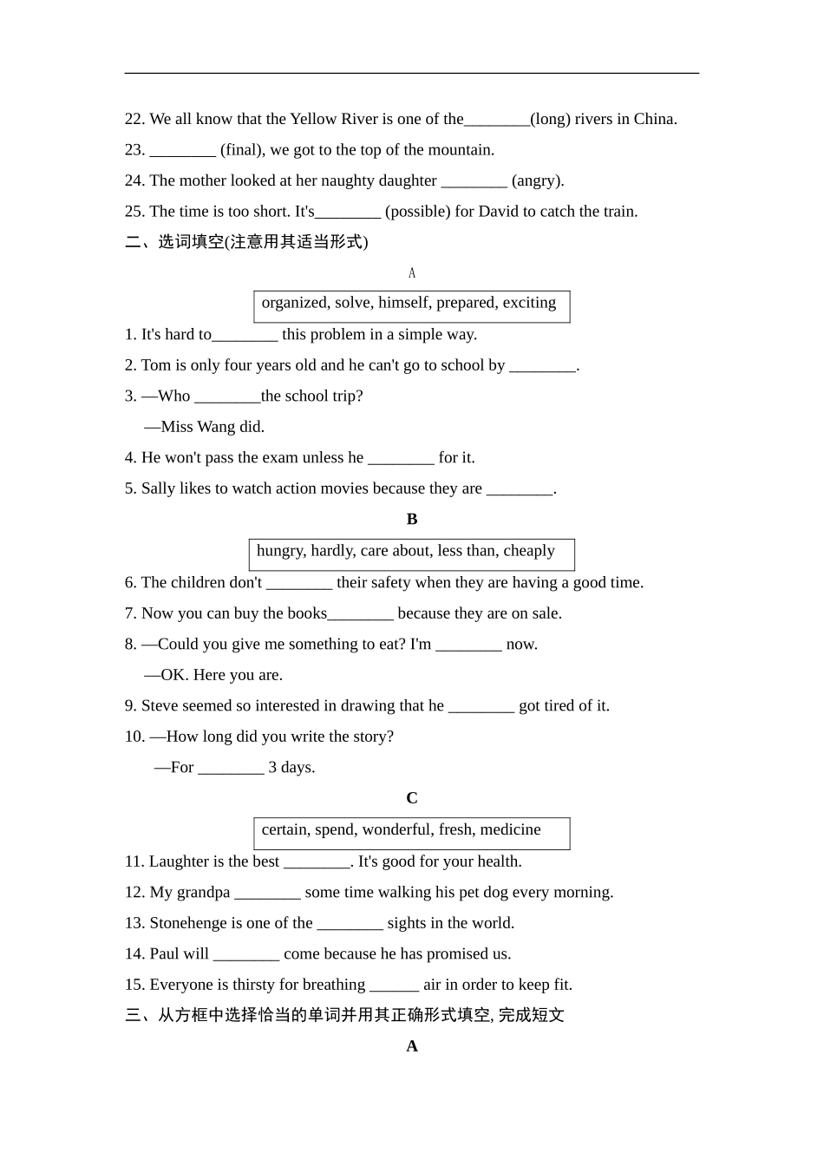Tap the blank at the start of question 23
[x=182, y=151]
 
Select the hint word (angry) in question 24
[x=538, y=180]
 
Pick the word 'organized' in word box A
[x=294, y=303]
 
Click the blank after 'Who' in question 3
[x=227, y=397]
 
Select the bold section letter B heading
[x=412, y=519]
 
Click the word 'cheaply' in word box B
[x=529, y=551]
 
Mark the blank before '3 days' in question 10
[x=231, y=769]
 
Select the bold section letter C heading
[x=412, y=798]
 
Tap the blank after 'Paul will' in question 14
[x=246, y=955]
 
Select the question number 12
[x=134, y=892]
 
